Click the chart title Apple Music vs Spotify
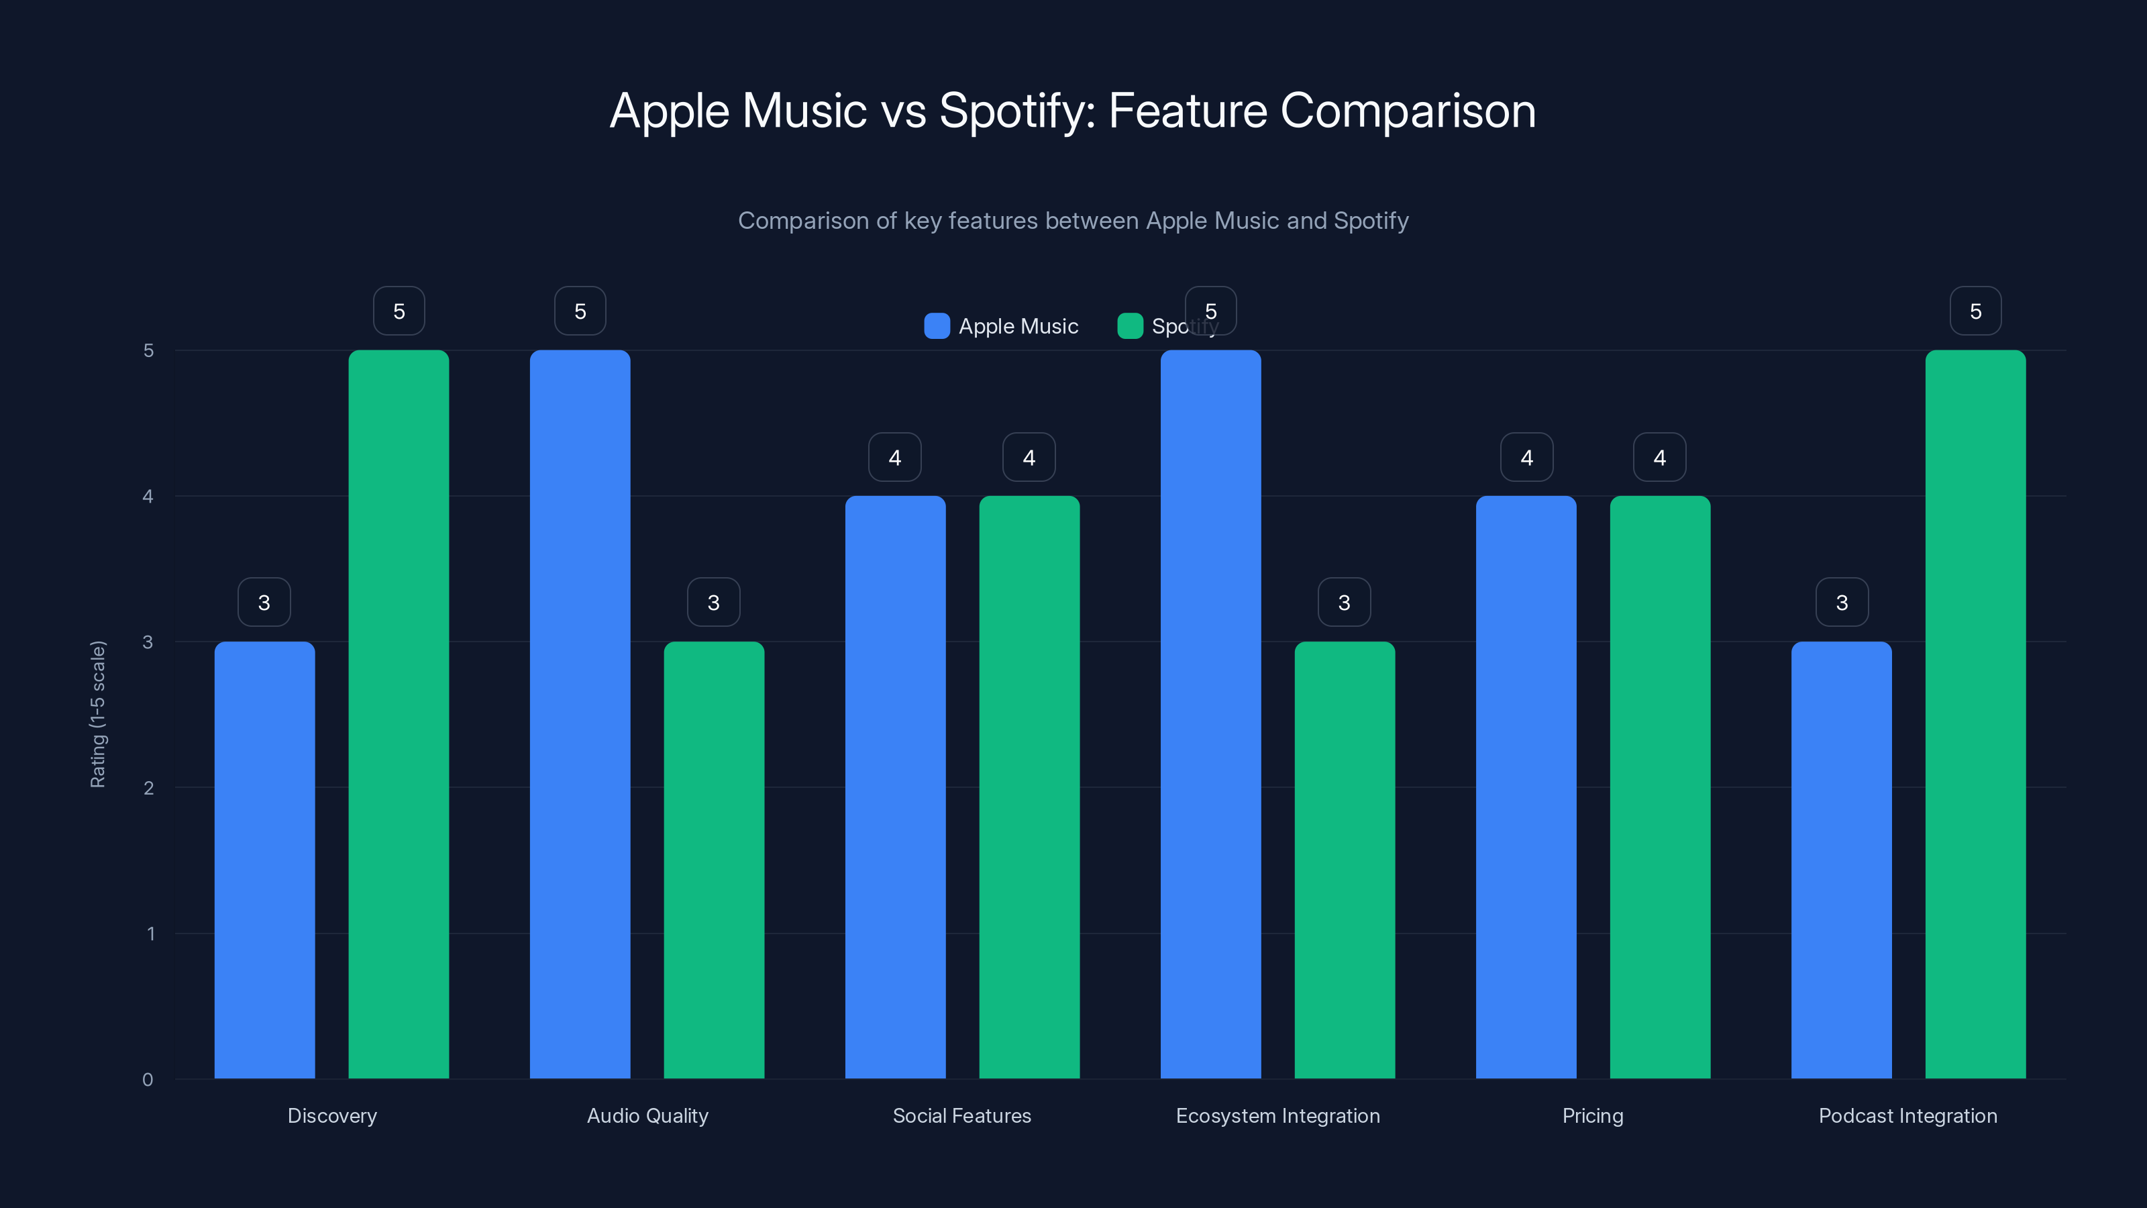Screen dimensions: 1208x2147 pos(1073,111)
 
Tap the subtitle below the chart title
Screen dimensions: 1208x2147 pos(1073,221)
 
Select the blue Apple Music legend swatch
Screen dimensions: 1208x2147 pos(937,326)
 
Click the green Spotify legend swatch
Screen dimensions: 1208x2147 pos(1129,326)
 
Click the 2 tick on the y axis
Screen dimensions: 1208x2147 pos(148,788)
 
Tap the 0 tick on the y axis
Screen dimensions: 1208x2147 pos(148,1080)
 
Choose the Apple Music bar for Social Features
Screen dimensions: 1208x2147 pos(895,787)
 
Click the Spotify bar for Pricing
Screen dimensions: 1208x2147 pos(1659,787)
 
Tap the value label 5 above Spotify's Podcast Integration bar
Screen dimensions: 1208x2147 pos(1975,311)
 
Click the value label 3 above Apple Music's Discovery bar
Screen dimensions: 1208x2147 pos(264,602)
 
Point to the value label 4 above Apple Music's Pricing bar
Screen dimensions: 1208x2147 pos(1526,457)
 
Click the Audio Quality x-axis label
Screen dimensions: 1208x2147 pos(647,1115)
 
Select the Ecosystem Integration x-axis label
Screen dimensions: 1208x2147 pos(1277,1115)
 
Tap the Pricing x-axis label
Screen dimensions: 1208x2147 pos(1593,1115)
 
